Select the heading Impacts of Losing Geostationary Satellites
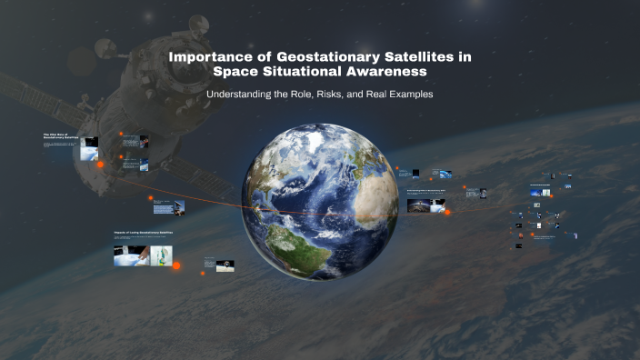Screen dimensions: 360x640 143,233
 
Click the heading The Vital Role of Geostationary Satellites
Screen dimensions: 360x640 61,136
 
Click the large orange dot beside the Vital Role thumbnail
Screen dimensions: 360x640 100,165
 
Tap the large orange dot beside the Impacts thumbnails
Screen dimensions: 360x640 176,265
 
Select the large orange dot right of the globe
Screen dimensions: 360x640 446,212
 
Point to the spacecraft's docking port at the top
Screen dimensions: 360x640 197,24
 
